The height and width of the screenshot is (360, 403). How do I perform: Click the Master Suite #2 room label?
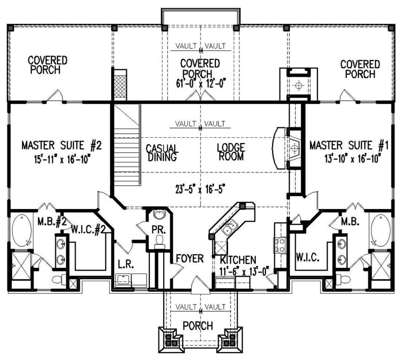coord(61,145)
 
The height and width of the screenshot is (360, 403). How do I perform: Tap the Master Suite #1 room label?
coord(349,145)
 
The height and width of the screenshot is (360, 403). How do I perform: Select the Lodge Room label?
coord(231,152)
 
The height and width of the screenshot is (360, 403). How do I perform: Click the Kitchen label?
coord(238,260)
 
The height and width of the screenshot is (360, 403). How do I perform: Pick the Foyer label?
coord(190,258)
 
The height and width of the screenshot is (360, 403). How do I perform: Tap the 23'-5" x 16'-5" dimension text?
coord(200,189)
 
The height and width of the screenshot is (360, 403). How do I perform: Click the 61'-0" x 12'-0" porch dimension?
coord(201,83)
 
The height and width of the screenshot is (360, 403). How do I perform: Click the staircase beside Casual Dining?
coord(127,145)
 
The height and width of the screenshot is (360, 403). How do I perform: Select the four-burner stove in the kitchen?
coord(280,245)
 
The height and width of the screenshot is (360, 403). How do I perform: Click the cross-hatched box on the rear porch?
coord(120,86)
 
